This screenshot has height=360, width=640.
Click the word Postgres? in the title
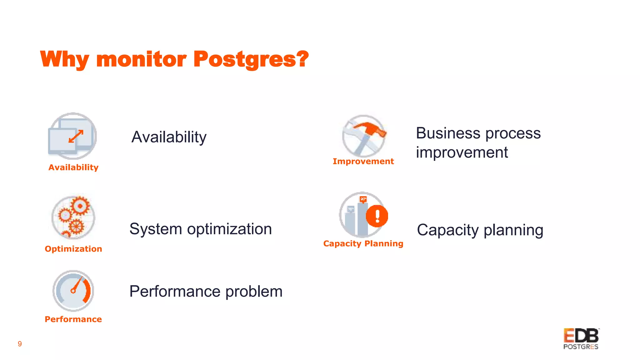point(251,59)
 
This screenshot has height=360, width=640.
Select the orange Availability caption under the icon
point(73,167)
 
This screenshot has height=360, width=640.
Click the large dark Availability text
point(169,137)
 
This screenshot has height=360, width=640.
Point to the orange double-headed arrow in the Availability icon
point(76,136)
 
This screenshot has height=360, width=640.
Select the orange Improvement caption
point(363,162)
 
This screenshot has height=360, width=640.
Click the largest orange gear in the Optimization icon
point(80,206)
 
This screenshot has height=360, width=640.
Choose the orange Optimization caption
point(73,249)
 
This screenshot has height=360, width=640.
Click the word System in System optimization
point(156,229)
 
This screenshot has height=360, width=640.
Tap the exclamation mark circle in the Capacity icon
point(377,216)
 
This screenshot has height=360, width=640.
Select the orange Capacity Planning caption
point(363,244)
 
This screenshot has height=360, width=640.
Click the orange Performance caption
point(73,319)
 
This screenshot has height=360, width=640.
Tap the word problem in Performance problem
point(254,292)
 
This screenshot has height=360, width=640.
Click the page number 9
point(20,344)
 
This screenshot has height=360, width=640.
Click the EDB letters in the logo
point(581,336)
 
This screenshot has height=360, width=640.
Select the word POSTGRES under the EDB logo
point(581,347)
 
